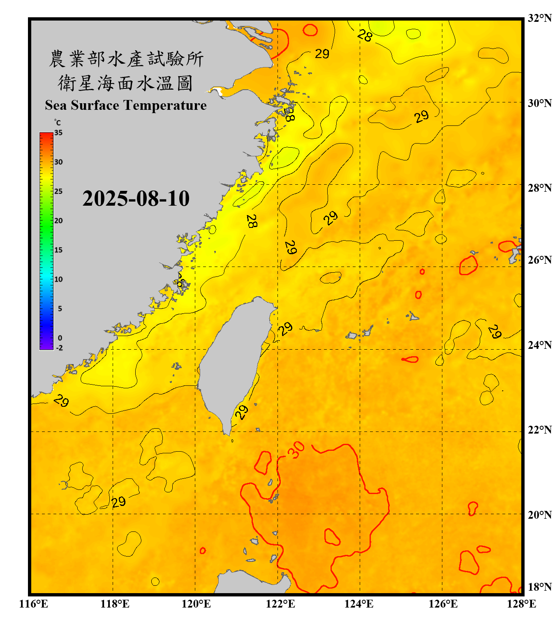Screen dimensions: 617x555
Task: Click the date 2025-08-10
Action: [136, 198]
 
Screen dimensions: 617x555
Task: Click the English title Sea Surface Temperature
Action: [126, 105]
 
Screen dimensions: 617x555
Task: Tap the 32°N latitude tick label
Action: [539, 18]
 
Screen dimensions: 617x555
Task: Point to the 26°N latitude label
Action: [539, 260]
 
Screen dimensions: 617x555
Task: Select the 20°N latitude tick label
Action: [539, 515]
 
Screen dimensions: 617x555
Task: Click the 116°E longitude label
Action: [34, 604]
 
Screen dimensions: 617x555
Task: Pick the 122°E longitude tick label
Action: [280, 604]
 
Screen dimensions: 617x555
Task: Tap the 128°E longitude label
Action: [521, 604]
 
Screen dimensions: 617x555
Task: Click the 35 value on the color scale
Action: [58, 133]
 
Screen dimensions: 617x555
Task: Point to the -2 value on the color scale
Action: [59, 348]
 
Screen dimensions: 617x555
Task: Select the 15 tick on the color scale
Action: [58, 250]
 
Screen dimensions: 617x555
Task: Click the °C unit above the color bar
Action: [57, 123]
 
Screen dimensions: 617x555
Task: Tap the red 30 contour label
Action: [296, 450]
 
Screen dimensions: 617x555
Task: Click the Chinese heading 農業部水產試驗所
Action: [126, 59]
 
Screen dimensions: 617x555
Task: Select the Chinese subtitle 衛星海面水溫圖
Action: [126, 83]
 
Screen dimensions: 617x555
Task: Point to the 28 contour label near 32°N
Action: [365, 35]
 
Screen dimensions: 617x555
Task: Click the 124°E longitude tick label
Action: [359, 604]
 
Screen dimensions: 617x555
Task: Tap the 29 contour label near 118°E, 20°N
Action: [118, 502]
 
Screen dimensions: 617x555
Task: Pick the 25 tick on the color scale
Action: [58, 191]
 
